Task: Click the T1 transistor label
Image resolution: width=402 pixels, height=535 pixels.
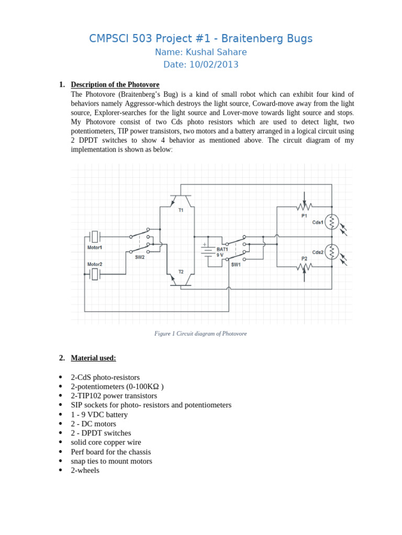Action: pyautogui.click(x=181, y=210)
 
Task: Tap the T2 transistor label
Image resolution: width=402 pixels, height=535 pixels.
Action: pyautogui.click(x=181, y=272)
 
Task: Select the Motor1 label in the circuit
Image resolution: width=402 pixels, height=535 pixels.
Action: pyautogui.click(x=95, y=247)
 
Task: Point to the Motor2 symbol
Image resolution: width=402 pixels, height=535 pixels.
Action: pyautogui.click(x=95, y=274)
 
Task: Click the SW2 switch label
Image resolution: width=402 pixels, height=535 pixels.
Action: pyautogui.click(x=140, y=257)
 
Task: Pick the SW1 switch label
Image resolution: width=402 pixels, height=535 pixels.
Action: pyautogui.click(x=236, y=264)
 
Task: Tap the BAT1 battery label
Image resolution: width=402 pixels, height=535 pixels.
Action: pyautogui.click(x=222, y=249)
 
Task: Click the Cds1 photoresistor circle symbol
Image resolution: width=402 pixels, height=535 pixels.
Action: pyautogui.click(x=332, y=222)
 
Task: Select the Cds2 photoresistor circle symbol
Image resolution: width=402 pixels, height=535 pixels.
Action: pyautogui.click(x=332, y=252)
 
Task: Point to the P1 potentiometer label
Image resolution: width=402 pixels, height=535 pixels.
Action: pyautogui.click(x=304, y=215)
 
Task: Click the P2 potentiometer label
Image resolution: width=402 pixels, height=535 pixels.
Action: pyautogui.click(x=304, y=259)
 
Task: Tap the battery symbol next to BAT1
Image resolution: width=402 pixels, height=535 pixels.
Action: pyautogui.click(x=208, y=252)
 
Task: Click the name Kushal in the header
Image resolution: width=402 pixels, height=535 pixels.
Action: pyautogui.click(x=199, y=52)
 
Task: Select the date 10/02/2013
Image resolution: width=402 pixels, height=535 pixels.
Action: pyautogui.click(x=214, y=65)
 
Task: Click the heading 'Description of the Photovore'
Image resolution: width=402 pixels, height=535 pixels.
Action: pyautogui.click(x=115, y=85)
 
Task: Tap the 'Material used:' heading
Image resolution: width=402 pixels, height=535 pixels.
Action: pyautogui.click(x=93, y=358)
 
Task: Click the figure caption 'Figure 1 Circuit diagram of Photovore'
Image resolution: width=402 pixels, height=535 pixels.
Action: pyautogui.click(x=200, y=333)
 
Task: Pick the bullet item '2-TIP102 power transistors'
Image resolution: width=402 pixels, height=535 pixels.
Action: pyautogui.click(x=114, y=396)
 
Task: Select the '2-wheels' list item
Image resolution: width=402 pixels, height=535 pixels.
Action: pyautogui.click(x=85, y=470)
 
